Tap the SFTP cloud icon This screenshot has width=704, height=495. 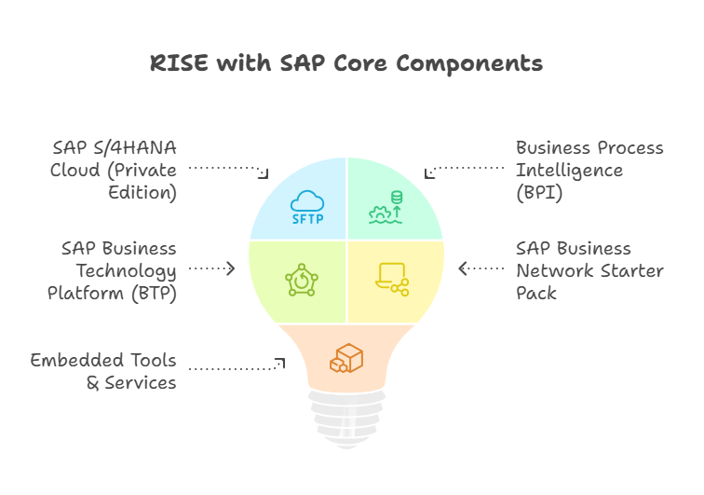(x=306, y=207)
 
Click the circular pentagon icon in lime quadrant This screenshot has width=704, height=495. (x=302, y=279)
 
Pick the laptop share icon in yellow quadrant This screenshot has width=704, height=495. (x=391, y=279)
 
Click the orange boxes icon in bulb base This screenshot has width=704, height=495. (x=345, y=358)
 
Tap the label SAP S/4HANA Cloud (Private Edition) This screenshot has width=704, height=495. (x=114, y=171)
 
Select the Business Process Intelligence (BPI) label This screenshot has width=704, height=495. (x=589, y=171)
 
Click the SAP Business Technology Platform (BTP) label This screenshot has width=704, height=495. (x=113, y=270)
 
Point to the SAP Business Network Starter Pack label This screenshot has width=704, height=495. (x=589, y=270)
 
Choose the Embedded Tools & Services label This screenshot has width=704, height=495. (x=103, y=371)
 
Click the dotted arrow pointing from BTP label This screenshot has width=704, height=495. (x=212, y=268)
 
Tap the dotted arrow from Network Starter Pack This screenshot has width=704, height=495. (x=481, y=268)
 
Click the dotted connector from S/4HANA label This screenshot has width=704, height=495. (x=229, y=169)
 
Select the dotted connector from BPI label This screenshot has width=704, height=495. (x=466, y=169)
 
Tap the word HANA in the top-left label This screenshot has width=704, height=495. (x=148, y=148)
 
